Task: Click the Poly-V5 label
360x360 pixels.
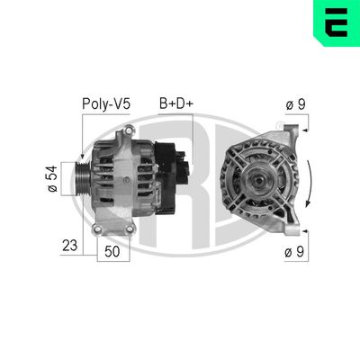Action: coord(106,104)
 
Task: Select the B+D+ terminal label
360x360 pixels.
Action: coord(176,104)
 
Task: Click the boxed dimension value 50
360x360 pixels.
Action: coord(112,251)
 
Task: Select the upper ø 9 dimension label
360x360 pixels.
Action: coord(294,104)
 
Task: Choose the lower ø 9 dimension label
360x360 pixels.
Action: coord(294,252)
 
